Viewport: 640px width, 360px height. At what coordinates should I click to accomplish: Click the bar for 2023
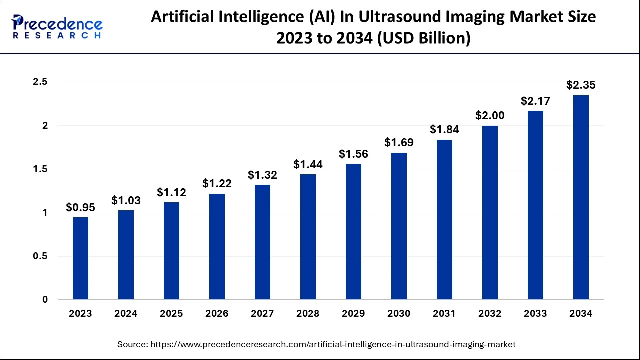80,258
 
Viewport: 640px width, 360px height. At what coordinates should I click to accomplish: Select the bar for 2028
308,237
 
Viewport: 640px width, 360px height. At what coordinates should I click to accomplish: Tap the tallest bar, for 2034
581,197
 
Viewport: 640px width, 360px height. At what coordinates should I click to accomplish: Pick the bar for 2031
444,220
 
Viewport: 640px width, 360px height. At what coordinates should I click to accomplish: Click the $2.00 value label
490,115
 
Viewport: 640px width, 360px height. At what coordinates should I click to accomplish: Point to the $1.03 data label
126,200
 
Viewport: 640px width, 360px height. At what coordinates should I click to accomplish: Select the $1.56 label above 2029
353,154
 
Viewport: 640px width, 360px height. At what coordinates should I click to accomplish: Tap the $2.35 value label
581,85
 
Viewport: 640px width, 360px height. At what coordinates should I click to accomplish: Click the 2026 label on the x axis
217,314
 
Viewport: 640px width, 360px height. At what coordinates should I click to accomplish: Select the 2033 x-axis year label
535,314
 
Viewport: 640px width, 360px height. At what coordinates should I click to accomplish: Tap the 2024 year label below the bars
126,314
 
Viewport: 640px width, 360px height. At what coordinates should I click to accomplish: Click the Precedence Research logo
57,27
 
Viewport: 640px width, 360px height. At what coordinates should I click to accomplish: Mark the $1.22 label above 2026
217,183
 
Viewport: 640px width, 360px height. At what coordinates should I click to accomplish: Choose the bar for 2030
399,226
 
